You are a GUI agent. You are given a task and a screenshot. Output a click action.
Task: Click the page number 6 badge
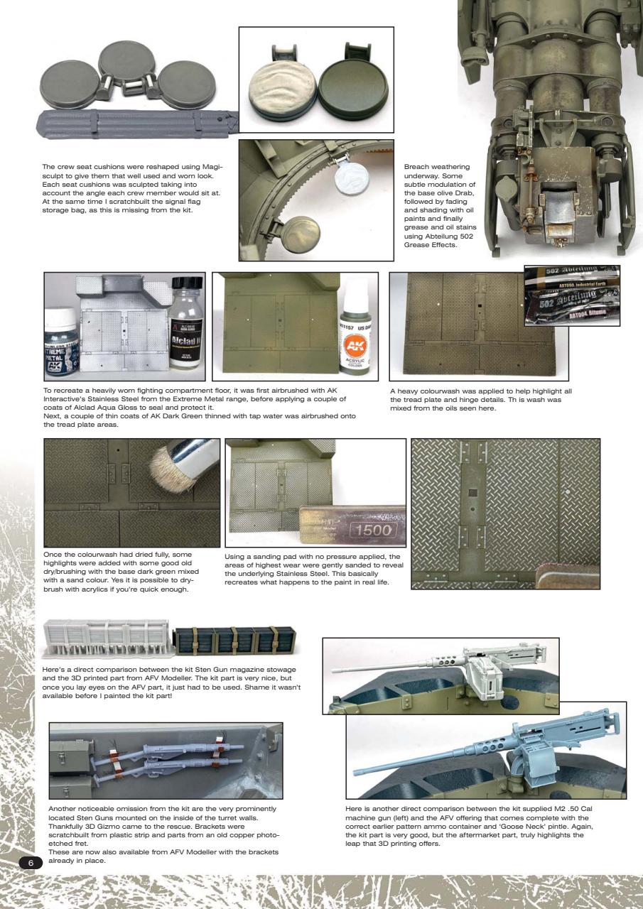[x=31, y=862]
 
